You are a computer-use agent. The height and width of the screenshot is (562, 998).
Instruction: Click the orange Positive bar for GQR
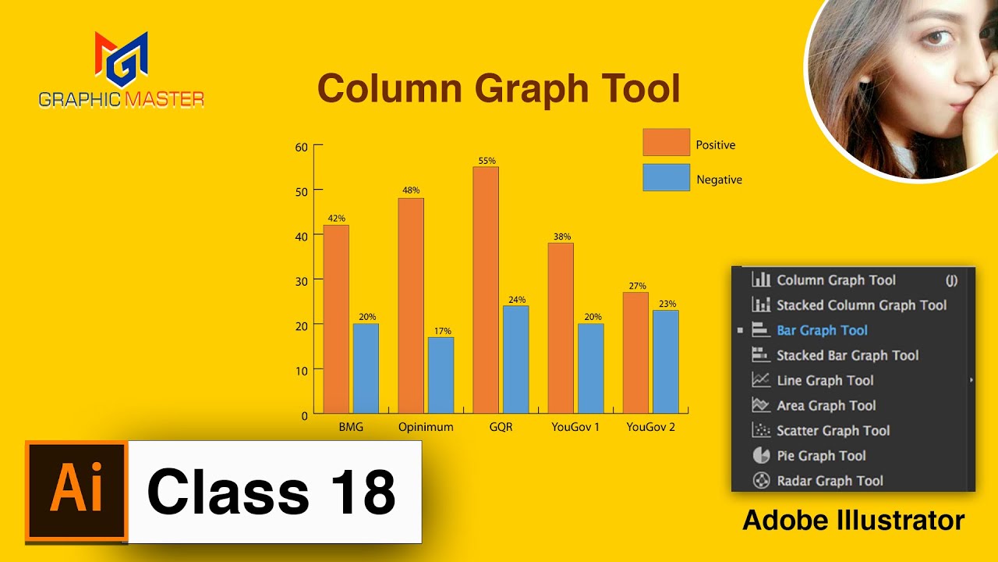486,290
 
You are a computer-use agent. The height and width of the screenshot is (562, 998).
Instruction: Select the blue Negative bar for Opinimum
441,375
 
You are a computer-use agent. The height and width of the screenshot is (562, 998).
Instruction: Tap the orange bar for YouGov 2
635,352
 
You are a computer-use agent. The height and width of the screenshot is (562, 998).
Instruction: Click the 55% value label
487,161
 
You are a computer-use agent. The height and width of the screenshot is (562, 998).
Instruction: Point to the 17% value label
441,331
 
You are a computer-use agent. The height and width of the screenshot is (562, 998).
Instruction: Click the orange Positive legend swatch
666,143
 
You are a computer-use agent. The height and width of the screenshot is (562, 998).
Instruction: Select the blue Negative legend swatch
666,177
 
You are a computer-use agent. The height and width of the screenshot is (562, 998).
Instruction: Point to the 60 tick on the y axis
302,146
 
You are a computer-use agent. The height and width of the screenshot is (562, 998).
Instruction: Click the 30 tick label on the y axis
302,280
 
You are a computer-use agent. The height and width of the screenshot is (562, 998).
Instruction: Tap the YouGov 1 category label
575,427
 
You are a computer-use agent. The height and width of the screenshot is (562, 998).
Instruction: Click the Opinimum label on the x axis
426,427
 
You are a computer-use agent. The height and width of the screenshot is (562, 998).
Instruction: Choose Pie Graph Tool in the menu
821,456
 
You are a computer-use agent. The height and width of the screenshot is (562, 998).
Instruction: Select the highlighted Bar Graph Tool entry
822,330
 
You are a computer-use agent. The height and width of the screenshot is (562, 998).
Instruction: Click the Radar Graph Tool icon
761,481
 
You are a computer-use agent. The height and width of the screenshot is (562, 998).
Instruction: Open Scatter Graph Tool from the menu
833,431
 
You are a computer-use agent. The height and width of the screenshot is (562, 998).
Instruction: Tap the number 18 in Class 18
363,492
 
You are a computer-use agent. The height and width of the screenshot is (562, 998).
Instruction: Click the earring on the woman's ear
865,79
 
